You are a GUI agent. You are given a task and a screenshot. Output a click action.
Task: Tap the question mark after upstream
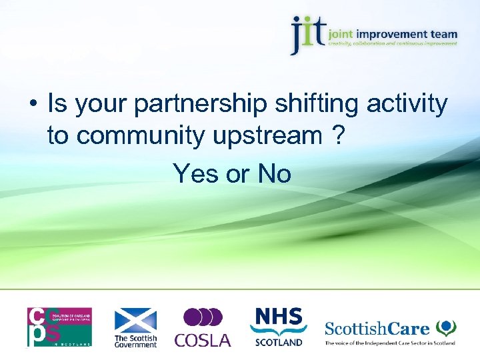[x=339, y=135]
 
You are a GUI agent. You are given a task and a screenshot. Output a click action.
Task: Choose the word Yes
[x=196, y=174]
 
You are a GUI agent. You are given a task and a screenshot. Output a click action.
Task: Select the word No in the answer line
[x=274, y=174]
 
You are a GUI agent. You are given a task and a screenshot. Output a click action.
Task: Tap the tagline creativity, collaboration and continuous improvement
[x=393, y=44]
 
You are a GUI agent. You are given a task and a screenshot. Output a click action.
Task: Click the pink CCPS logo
[x=59, y=327]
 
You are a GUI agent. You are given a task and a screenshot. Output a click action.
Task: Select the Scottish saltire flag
[x=135, y=321]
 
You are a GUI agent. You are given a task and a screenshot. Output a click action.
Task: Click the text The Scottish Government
[x=135, y=341]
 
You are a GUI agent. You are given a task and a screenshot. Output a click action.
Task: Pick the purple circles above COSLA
[x=203, y=317]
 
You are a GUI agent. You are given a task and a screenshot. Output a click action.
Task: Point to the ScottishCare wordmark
[x=377, y=328]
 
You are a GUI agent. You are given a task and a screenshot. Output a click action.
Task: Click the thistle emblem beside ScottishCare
[x=445, y=327]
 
